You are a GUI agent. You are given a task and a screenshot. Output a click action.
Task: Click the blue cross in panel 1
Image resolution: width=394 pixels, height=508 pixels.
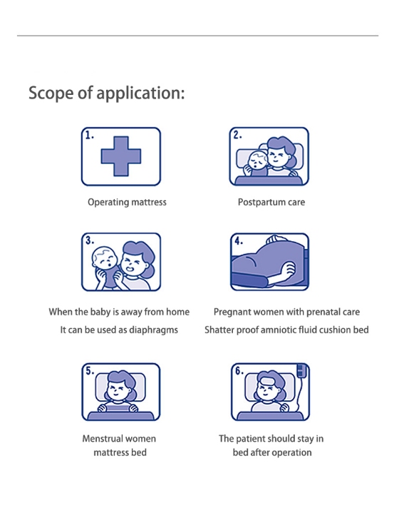coord(121,156)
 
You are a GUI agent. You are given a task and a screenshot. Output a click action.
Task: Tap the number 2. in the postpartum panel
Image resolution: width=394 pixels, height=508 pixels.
coord(238,135)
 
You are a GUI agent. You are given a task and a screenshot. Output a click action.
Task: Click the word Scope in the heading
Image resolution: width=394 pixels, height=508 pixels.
coord(51,93)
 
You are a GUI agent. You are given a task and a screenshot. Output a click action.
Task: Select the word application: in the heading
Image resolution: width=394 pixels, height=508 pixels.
coord(141,93)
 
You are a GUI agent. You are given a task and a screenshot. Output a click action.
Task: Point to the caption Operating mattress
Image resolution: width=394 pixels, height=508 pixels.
coord(127,202)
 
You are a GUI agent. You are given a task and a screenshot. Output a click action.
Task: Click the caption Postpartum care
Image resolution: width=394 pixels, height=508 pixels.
coord(271,202)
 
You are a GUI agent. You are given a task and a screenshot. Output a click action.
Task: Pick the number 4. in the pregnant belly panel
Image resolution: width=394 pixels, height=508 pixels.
coord(239,241)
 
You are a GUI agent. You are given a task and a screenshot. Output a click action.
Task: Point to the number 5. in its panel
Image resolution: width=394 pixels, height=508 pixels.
coord(90,370)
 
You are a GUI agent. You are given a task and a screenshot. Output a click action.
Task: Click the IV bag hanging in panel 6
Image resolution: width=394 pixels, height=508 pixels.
coord(301,370)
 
